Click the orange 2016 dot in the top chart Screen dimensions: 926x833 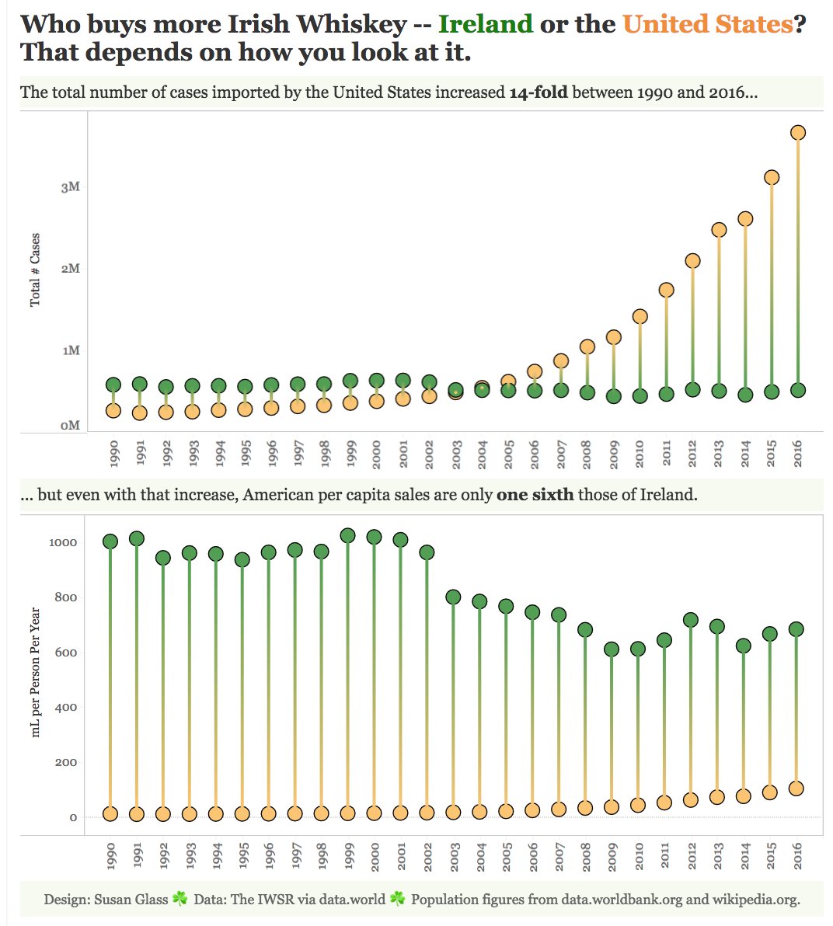(x=797, y=133)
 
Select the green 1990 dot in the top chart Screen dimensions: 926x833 (x=113, y=385)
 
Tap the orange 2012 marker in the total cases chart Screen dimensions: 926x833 (x=692, y=261)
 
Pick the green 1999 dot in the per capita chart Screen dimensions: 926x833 (x=347, y=535)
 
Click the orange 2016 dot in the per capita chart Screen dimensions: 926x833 (x=796, y=788)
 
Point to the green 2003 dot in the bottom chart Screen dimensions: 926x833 (x=453, y=597)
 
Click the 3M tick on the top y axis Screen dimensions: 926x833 (x=71, y=187)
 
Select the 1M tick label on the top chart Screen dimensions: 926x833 (x=71, y=350)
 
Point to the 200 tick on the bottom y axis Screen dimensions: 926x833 (x=66, y=762)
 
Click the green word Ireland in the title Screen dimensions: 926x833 (x=485, y=24)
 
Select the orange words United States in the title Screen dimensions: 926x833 (x=707, y=24)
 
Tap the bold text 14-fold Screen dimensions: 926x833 (x=538, y=92)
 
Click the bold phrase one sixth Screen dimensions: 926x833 (x=535, y=495)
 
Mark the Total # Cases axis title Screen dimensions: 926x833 (x=35, y=270)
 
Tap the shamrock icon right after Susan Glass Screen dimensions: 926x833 (x=180, y=899)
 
